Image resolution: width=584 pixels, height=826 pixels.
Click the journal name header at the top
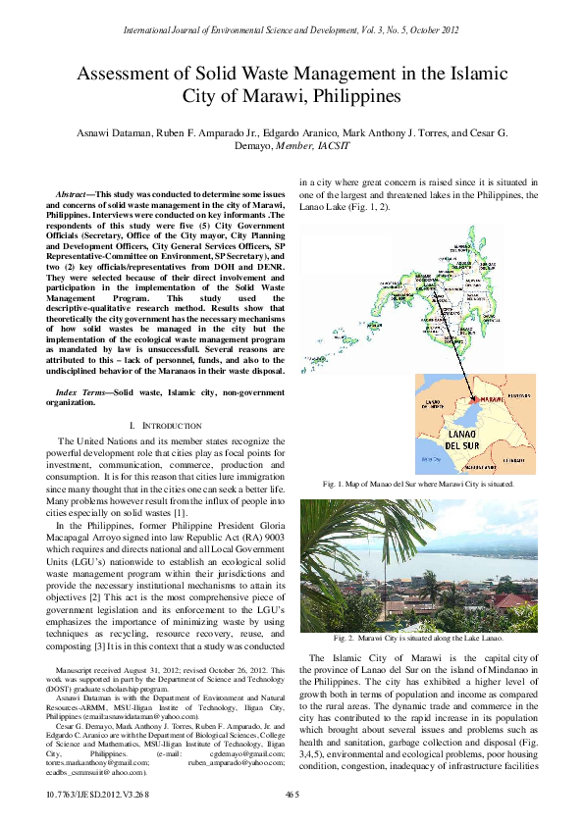[292, 30]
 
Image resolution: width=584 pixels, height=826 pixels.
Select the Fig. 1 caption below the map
[418, 485]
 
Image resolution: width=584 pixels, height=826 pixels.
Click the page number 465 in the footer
[292, 793]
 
